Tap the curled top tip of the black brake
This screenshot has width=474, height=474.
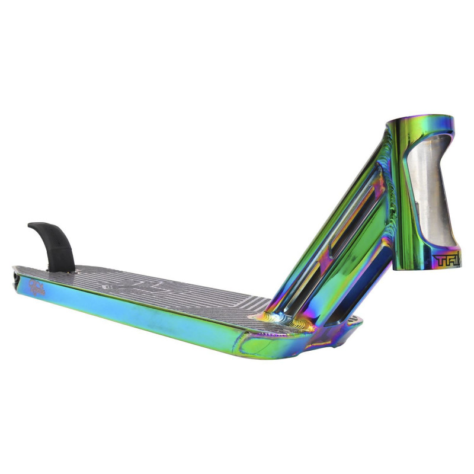point(33,226)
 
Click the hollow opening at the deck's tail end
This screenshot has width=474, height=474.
point(15,276)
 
